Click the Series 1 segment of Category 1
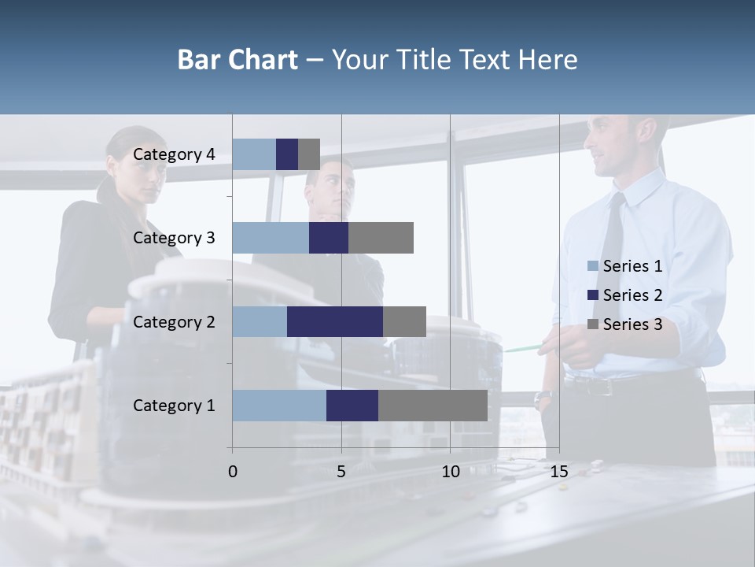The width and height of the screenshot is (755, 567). coord(279,406)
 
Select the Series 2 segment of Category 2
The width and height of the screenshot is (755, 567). coord(335,321)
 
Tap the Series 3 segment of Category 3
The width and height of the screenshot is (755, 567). coord(381,238)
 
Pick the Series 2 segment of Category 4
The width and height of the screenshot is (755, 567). coord(287,154)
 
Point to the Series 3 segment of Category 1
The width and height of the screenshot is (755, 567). coord(433,406)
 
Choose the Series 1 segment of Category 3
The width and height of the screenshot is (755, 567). coord(271,238)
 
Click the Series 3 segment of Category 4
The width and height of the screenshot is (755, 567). coord(309,154)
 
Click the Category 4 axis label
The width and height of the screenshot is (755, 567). coord(174,154)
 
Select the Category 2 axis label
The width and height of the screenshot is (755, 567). coord(174,321)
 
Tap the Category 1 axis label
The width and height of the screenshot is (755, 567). coord(174,406)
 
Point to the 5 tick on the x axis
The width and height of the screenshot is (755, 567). coord(341,472)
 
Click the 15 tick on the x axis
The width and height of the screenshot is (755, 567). coord(559,472)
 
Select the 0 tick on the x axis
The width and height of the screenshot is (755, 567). coord(232,472)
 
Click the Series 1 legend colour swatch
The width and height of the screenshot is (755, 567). coord(592,266)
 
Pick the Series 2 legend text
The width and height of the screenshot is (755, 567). coord(632,295)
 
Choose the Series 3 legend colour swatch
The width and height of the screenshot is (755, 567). coord(592,324)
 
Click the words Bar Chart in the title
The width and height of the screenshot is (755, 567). coord(238,59)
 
